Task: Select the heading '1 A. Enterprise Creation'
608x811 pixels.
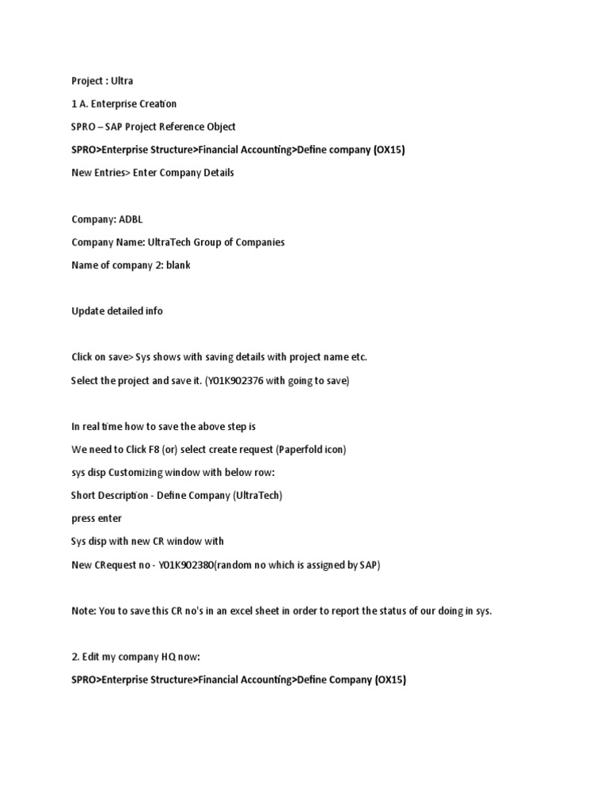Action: click(x=123, y=104)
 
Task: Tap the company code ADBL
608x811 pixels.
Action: click(x=131, y=219)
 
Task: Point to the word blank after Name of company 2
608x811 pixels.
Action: click(x=178, y=265)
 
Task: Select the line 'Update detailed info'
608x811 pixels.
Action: click(x=116, y=310)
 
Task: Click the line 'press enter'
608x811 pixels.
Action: click(x=97, y=518)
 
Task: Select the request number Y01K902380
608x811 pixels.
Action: click(x=192, y=565)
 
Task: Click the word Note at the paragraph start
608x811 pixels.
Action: click(x=82, y=611)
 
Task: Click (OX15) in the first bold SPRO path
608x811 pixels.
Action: click(x=389, y=150)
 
